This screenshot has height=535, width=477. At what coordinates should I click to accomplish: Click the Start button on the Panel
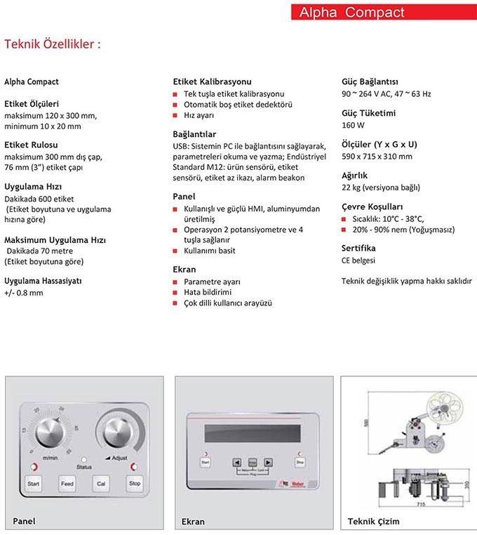click(33, 484)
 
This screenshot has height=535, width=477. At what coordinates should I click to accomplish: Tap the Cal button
click(102, 484)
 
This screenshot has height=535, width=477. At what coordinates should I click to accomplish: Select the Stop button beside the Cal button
click(134, 484)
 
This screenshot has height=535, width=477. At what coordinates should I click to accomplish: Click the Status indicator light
click(84, 458)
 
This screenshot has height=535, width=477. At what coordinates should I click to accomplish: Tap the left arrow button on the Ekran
click(236, 462)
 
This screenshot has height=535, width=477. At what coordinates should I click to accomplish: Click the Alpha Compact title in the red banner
click(351, 13)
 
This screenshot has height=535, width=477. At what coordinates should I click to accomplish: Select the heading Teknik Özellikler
click(53, 44)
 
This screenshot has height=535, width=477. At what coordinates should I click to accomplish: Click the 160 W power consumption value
click(353, 126)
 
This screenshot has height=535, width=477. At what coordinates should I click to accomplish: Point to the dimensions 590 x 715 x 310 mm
click(377, 157)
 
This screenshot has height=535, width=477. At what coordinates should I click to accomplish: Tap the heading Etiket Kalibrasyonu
click(212, 81)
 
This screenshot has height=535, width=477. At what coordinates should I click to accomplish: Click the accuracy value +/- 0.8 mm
click(24, 293)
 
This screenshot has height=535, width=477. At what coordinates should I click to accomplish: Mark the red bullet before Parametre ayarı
click(176, 282)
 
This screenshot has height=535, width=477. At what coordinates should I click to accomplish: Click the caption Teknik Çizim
click(373, 522)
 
